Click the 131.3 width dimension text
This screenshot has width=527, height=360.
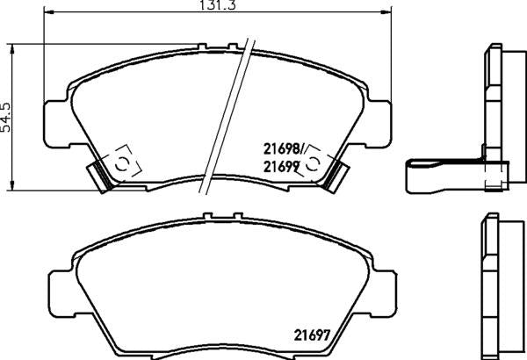[218, 4]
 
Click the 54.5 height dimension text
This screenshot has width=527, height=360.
[6, 118]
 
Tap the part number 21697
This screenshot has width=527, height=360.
[312, 335]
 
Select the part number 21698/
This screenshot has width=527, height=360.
[284, 148]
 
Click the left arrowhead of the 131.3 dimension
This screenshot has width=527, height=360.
[49, 12]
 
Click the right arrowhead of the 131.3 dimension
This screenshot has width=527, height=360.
[386, 12]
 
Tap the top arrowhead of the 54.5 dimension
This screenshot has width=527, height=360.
[12, 49]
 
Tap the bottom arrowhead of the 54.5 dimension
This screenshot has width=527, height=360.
[12, 185]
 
